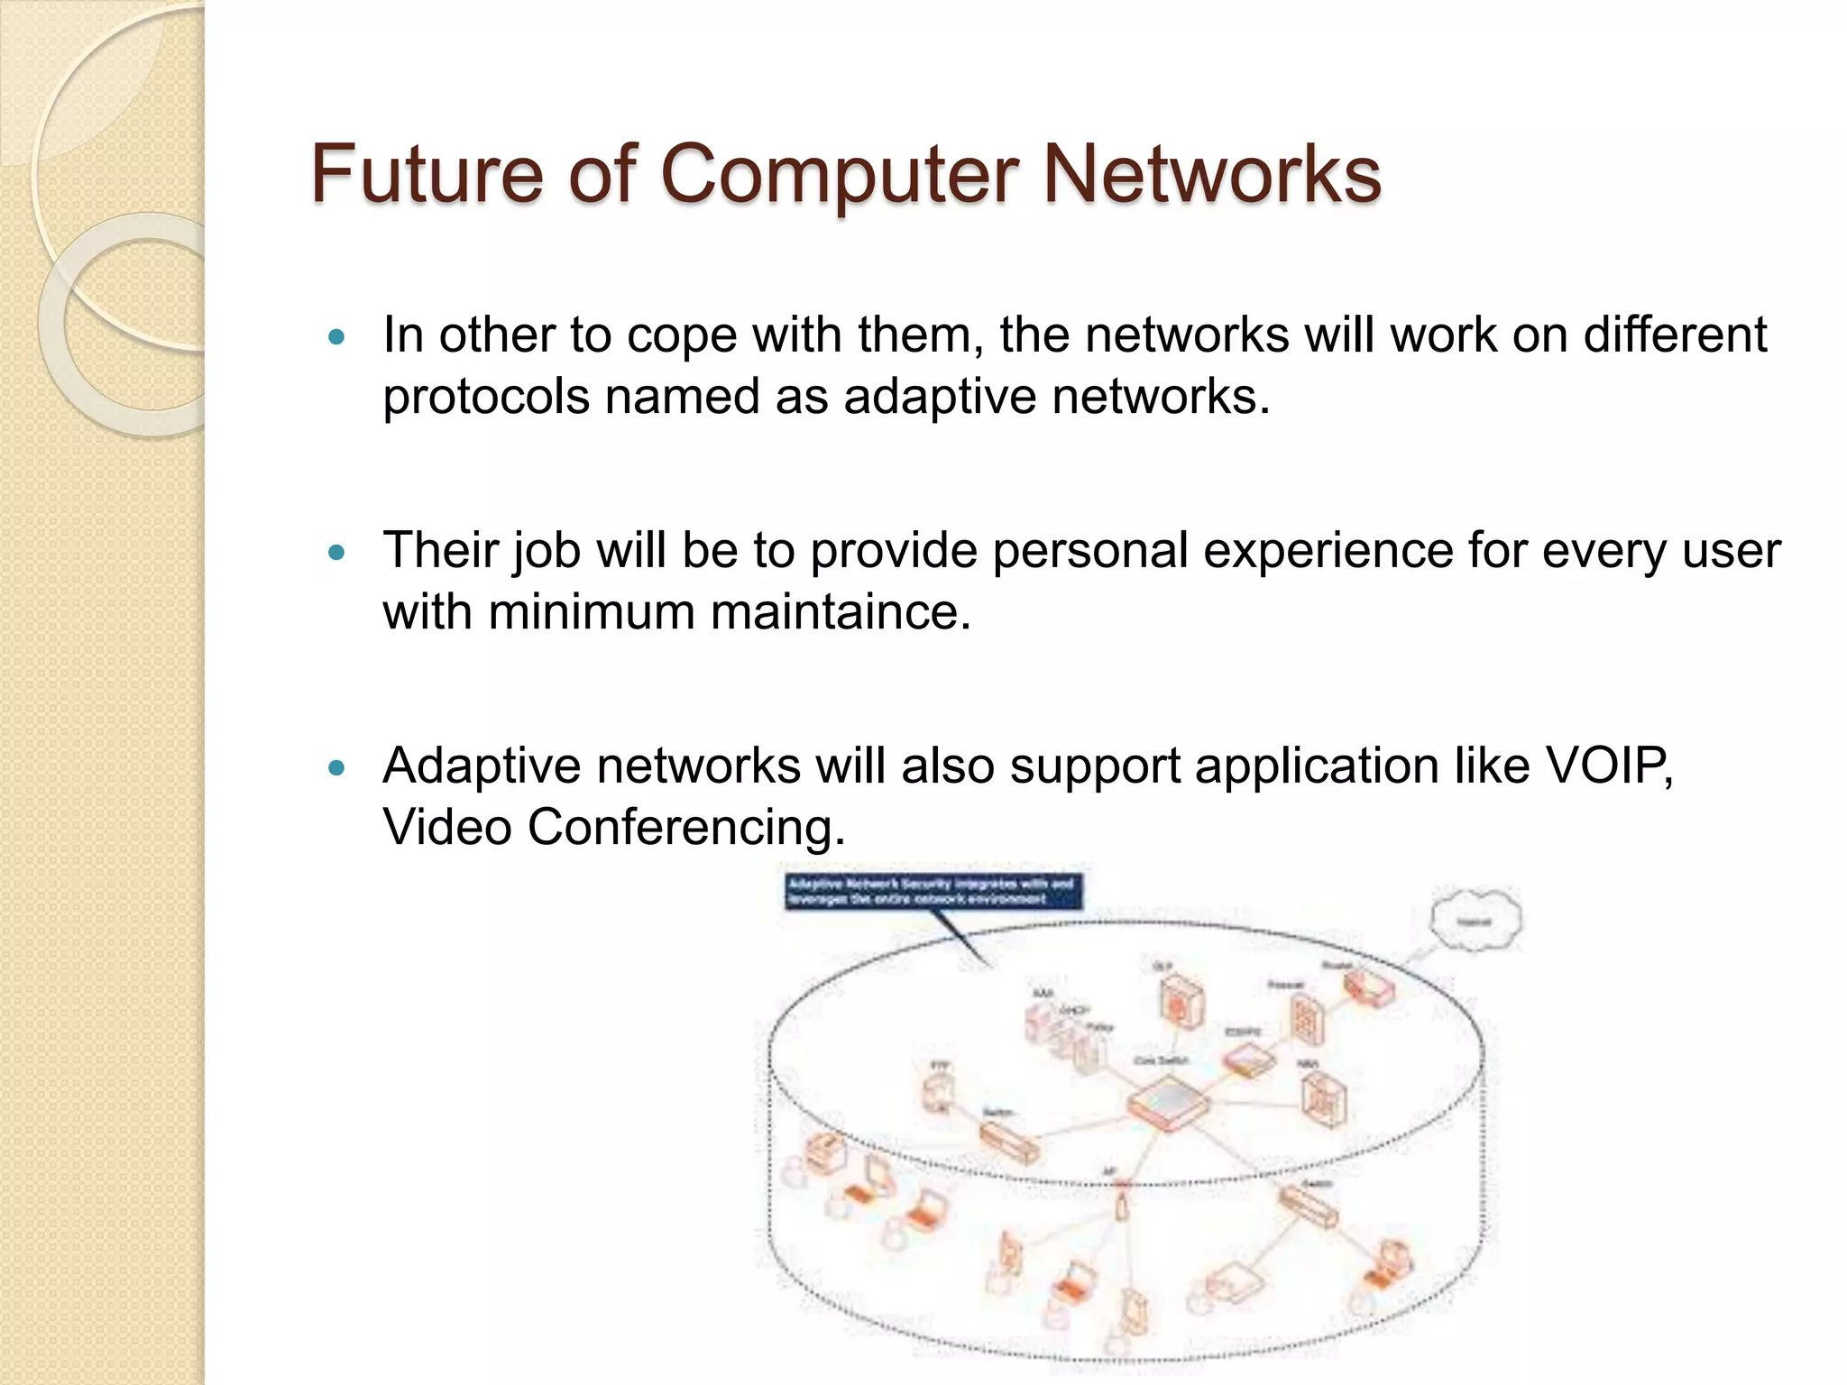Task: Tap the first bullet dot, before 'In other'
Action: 337,338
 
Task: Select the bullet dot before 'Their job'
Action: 337,553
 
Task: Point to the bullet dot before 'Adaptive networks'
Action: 337,768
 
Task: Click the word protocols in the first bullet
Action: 485,397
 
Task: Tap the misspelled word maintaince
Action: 841,612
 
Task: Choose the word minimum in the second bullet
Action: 592,612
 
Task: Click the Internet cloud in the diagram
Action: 1475,921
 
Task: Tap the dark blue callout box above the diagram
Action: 933,891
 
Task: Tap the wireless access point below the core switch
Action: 1121,1204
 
